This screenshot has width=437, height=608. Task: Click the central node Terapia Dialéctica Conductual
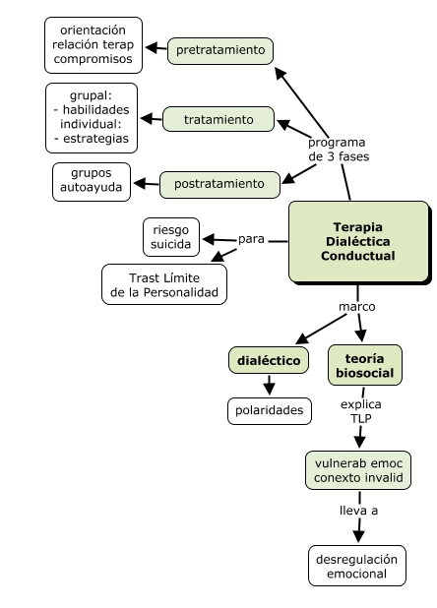click(358, 241)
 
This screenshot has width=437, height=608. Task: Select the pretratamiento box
click(220, 49)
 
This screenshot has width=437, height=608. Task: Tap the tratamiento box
click(218, 120)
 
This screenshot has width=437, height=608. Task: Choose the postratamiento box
click(218, 183)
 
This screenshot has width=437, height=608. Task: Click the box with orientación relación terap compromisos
click(93, 44)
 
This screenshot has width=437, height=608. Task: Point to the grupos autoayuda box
click(92, 183)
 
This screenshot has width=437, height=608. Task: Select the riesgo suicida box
click(171, 237)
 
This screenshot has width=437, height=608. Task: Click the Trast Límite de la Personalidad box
click(164, 284)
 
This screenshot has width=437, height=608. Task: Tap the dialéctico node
click(269, 361)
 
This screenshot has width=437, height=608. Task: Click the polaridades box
click(269, 409)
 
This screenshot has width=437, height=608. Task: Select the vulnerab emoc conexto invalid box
click(358, 470)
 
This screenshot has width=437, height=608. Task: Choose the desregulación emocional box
click(358, 566)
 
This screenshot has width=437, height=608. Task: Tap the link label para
click(253, 239)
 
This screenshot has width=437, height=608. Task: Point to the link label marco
click(356, 306)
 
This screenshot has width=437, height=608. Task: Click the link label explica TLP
click(360, 410)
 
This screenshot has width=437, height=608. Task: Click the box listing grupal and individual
click(92, 118)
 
